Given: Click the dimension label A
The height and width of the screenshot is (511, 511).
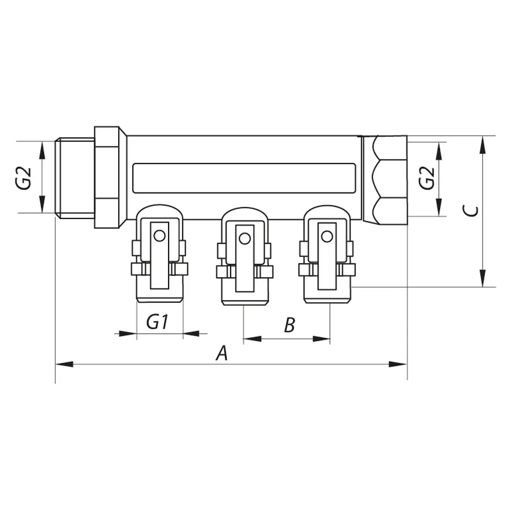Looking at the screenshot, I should [x=222, y=354].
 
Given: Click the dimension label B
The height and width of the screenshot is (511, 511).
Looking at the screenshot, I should [x=289, y=325].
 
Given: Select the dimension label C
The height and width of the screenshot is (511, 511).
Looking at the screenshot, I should [x=470, y=211].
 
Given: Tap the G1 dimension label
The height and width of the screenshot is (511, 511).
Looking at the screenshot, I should [x=157, y=322].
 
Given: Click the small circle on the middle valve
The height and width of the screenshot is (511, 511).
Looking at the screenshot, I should [x=244, y=238].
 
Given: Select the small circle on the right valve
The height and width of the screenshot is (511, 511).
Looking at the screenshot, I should [x=326, y=236].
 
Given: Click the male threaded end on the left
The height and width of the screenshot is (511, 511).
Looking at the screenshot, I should [x=75, y=178].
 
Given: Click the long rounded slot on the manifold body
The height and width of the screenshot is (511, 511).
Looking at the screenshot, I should [x=244, y=177].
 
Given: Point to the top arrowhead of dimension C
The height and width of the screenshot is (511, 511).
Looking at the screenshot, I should [x=482, y=144].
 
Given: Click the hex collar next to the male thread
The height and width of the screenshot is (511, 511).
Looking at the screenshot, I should [x=107, y=178].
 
